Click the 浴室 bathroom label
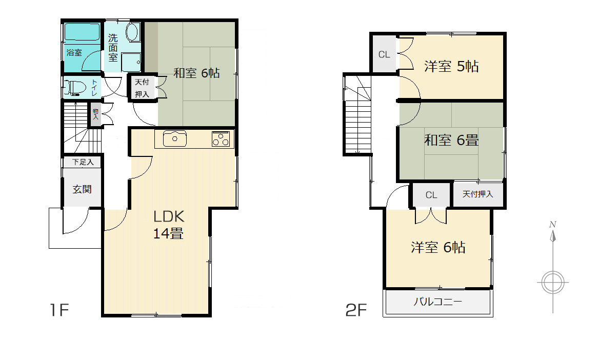tap(74, 52)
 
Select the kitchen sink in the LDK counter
tap(175, 138)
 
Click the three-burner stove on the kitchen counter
tap(221, 139)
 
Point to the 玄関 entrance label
tap(82, 189)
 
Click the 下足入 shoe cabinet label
tap(83, 162)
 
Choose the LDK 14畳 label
tap(169, 225)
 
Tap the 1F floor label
tap(59, 310)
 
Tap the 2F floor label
tap(356, 310)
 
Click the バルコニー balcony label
tap(438, 302)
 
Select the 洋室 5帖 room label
tap(451, 66)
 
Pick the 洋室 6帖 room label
tap(438, 248)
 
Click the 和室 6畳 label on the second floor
tap(451, 141)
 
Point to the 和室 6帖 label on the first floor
tap(196, 73)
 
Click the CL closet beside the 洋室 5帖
tap(384, 54)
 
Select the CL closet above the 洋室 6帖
tap(431, 195)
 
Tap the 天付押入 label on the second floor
tap(477, 194)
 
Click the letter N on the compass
tap(552, 224)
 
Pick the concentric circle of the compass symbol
tap(553, 283)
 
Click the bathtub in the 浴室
tap(82, 32)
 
